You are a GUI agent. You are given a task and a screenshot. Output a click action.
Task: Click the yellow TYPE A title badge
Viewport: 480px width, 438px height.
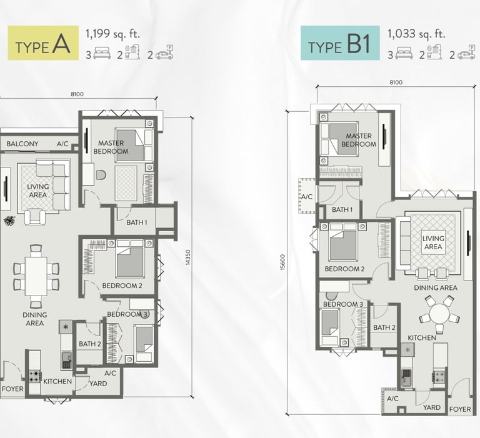pyautogui.click(x=43, y=43)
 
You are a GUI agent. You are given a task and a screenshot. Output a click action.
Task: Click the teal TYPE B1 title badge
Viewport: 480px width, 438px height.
pyautogui.click(x=340, y=43)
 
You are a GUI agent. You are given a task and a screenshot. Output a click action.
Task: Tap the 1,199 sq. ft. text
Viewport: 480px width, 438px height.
pyautogui.click(x=112, y=34)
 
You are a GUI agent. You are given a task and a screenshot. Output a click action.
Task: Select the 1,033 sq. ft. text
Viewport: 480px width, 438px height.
pyautogui.click(x=416, y=34)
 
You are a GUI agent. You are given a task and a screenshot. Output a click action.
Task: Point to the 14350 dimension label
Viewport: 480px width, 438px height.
pyautogui.click(x=188, y=257)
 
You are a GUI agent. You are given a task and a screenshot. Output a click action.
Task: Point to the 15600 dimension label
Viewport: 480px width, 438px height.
pyautogui.click(x=282, y=262)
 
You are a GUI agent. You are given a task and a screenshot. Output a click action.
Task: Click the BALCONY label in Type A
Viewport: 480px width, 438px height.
pyautogui.click(x=22, y=144)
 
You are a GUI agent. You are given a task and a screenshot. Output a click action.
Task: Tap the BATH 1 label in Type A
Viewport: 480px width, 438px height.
pyautogui.click(x=137, y=222)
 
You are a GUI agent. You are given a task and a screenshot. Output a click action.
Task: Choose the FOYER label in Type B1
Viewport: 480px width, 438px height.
pyautogui.click(x=460, y=409)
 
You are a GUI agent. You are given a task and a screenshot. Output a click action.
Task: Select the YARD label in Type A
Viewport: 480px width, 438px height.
pyautogui.click(x=98, y=384)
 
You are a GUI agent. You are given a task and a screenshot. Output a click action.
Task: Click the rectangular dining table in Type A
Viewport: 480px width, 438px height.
pyautogui.click(x=36, y=276)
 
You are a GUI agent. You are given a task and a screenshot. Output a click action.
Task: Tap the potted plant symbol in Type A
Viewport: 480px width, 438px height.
pyautogui.click(x=10, y=221)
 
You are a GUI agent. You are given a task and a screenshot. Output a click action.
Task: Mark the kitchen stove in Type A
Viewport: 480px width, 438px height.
pyautogui.click(x=35, y=377)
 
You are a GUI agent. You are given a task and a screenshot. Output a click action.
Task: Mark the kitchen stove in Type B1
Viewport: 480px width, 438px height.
pyautogui.click(x=439, y=377)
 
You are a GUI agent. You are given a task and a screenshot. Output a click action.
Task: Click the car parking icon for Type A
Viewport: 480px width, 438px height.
pyautogui.click(x=164, y=52)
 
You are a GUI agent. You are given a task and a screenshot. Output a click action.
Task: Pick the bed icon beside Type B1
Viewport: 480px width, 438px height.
pyautogui.click(x=404, y=53)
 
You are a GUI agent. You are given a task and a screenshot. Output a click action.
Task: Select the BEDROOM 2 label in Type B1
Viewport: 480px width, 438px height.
pyautogui.click(x=344, y=269)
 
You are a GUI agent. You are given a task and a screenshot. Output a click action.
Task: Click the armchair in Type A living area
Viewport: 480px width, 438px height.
pyautogui.click(x=35, y=217)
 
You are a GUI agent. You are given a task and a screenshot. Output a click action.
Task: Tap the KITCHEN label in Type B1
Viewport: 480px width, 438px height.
pyautogui.click(x=421, y=337)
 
